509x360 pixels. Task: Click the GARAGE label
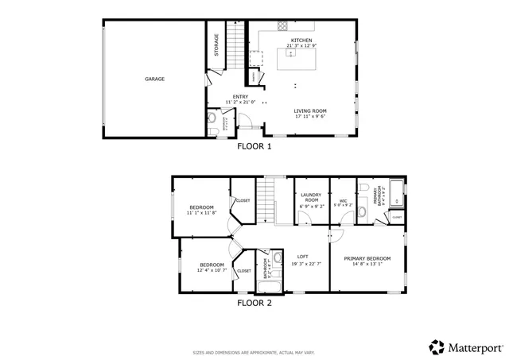pos(154,79)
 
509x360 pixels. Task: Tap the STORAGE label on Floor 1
pos(216,45)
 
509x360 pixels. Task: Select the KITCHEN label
pos(301,40)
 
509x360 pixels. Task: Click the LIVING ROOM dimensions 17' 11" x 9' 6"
pos(312,117)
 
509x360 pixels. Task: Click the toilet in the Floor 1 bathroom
pos(211,120)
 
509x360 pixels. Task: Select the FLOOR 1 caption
pos(254,146)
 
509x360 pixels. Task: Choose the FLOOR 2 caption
pos(254,302)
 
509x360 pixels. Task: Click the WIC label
pos(343,200)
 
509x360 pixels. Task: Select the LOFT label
pos(302,256)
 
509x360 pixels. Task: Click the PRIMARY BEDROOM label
pos(367,258)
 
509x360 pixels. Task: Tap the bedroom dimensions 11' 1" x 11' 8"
pos(200,213)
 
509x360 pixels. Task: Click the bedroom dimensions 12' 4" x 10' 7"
pos(212,270)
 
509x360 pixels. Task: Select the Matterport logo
pos(467,347)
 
